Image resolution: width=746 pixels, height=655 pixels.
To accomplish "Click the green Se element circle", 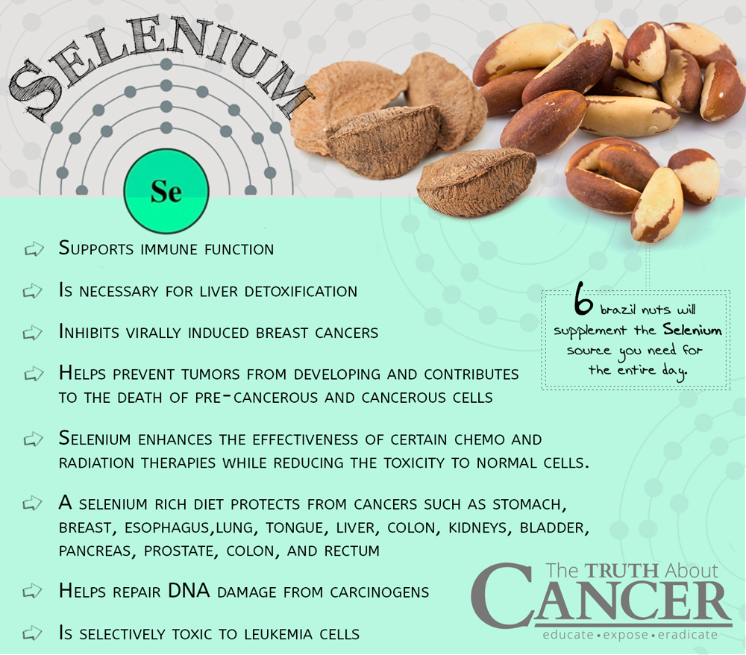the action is [x=166, y=191].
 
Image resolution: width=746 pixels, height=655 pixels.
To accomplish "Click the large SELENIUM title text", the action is [x=160, y=66].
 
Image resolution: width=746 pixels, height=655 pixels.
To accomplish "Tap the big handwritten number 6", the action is [x=583, y=300].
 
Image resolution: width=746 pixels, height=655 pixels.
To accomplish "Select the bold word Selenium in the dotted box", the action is [x=692, y=330].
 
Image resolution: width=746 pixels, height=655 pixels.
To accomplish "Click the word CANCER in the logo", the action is [x=601, y=598].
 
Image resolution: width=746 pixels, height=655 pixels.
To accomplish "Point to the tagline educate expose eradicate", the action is [x=630, y=635].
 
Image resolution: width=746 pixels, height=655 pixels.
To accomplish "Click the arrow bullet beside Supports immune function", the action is [x=34, y=248].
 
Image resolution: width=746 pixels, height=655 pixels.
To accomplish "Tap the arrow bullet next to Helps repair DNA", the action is [x=32, y=592].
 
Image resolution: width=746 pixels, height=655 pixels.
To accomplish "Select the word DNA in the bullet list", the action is [x=189, y=591].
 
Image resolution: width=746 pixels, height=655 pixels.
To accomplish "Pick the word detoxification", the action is [x=301, y=291].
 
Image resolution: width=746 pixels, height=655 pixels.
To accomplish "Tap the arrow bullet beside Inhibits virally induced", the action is [x=32, y=333].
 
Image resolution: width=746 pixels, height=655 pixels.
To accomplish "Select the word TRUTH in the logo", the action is [x=621, y=571].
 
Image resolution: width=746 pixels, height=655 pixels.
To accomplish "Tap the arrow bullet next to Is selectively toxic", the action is [x=32, y=633].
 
